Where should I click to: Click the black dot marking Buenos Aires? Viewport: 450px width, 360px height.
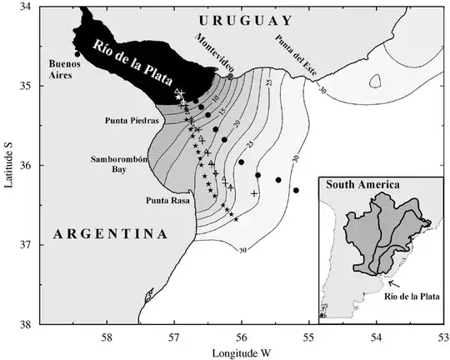pyautogui.click(x=77, y=54)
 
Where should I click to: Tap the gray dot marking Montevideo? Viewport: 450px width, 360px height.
pyautogui.click(x=231, y=77)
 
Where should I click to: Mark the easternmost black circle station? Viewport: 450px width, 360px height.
pyautogui.click(x=296, y=190)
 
